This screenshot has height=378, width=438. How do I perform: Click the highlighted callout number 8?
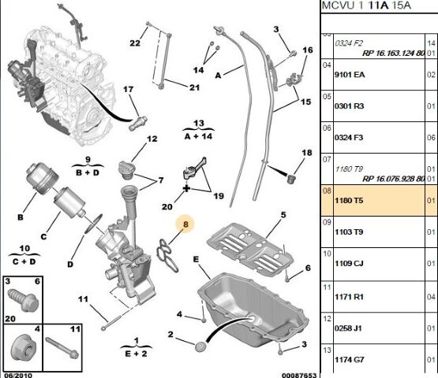(185, 224)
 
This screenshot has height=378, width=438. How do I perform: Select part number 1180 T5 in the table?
(349, 201)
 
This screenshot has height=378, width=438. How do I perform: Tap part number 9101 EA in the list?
(350, 75)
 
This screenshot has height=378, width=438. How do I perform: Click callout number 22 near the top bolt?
(135, 43)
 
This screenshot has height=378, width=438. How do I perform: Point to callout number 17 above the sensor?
(128, 89)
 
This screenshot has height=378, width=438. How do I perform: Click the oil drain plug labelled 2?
(200, 346)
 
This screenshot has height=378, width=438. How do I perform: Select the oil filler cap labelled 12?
(127, 169)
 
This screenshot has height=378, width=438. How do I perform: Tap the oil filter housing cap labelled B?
(42, 177)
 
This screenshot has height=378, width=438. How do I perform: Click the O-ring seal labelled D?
(94, 223)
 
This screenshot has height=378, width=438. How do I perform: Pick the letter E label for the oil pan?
(196, 260)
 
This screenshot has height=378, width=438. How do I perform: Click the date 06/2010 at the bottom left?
(18, 375)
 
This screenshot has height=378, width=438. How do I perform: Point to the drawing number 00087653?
(299, 375)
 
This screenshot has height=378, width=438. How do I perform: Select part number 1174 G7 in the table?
(349, 360)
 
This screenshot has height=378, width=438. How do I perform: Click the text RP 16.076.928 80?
(393, 179)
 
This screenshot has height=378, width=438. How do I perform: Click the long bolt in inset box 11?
(62, 347)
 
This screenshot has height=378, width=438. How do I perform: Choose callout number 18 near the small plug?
(307, 153)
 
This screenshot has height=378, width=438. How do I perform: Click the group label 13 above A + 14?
(199, 123)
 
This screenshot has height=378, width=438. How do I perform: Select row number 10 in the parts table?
(327, 254)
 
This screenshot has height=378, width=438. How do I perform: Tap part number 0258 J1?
(348, 328)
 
